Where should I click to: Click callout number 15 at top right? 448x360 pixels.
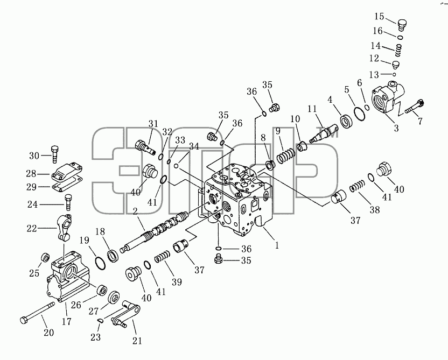coord(380,17)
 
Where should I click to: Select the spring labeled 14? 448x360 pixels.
coord(398,51)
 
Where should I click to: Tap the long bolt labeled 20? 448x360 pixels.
coord(38,313)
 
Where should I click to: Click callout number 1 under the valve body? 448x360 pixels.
coord(277,245)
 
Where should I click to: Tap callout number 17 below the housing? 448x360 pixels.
coord(66,322)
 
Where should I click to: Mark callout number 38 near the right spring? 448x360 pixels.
coord(375,209)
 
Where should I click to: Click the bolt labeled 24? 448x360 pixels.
coord(68,203)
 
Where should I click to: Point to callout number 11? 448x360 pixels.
coord(312,109)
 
